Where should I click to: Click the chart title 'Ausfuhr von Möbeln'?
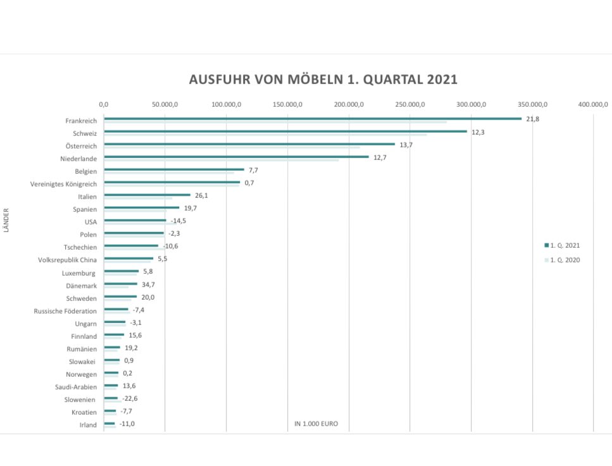point(323,80)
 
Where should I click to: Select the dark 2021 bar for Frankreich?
point(313,118)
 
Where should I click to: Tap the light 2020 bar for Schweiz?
point(265,135)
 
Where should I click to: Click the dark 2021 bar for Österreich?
point(249,144)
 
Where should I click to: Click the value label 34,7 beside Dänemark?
point(148,285)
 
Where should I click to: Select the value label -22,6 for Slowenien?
point(129,398)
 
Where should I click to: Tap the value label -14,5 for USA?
point(178,221)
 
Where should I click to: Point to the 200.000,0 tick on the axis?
point(349,104)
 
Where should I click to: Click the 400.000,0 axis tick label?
point(593,104)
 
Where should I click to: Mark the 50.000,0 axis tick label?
point(165,104)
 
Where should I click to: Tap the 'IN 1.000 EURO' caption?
point(316,424)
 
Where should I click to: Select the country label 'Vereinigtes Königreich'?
point(63,184)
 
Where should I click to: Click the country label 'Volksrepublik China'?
point(68,260)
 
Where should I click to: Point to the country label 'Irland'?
point(87,425)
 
